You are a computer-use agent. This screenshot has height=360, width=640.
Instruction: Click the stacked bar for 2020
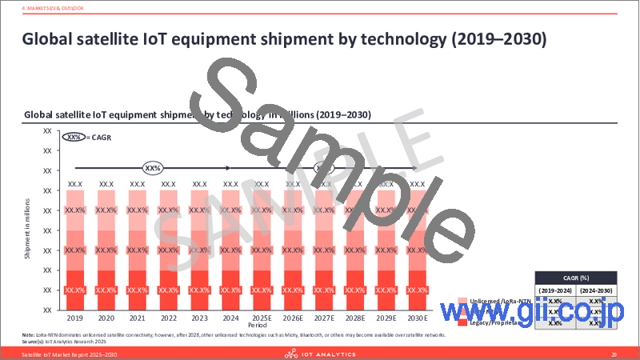pos(106,249)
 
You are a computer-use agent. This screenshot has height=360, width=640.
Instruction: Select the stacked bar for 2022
pos(168,249)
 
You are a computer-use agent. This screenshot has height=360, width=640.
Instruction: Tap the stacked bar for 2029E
pos(386,249)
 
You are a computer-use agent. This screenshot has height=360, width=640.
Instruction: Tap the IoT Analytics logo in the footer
pos(319,352)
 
